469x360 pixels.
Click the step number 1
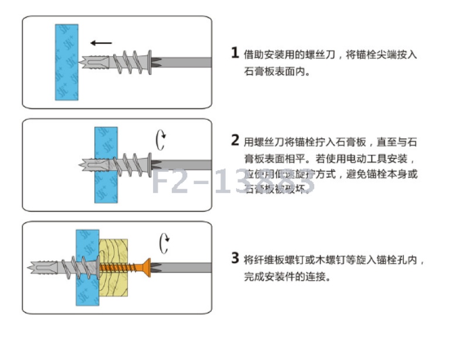[x=235, y=53]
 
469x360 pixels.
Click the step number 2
[x=235, y=140]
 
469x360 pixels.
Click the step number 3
[x=235, y=257]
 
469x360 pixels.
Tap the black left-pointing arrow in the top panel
[x=101, y=42]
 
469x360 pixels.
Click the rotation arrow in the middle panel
[x=161, y=140]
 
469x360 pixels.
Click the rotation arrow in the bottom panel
[x=165, y=243]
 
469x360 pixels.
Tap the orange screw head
[x=147, y=267]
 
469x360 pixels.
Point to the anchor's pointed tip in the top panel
[x=81, y=61]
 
